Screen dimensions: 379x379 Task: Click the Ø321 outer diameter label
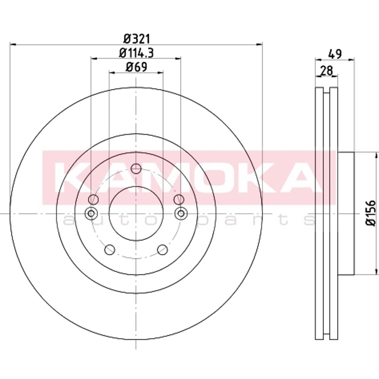137,39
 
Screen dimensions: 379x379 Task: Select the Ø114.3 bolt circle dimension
137,53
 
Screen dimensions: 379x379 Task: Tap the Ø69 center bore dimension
136,67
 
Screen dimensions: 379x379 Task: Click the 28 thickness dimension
327,71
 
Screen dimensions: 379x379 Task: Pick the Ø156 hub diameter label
371,213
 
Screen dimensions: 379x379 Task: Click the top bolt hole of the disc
136,169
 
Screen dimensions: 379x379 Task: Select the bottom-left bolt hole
109,250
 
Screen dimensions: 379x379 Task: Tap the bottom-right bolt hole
162,250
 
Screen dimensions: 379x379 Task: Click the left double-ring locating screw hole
91,213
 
